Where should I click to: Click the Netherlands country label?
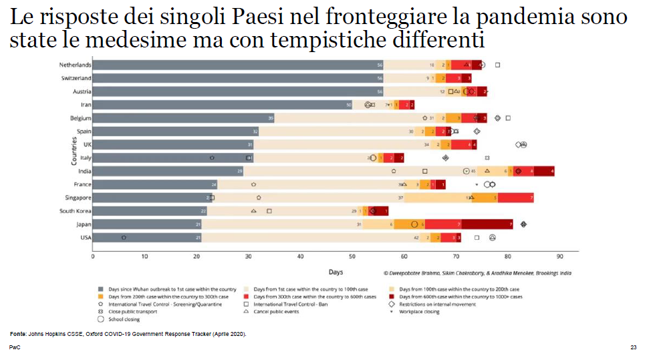[75, 65]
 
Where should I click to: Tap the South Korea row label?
[76, 211]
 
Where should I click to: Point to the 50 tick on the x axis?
[352, 256]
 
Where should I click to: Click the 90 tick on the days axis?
[560, 256]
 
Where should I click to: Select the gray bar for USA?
[147, 238]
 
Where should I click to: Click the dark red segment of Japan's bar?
[487, 224]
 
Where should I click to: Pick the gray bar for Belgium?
[183, 118]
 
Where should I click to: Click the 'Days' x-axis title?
[336, 272]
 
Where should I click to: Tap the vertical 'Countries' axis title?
[74, 152]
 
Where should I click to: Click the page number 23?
[633, 348]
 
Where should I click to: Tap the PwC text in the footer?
[15, 348]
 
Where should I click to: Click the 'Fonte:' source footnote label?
[18, 333]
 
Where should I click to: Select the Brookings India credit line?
[477, 273]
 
